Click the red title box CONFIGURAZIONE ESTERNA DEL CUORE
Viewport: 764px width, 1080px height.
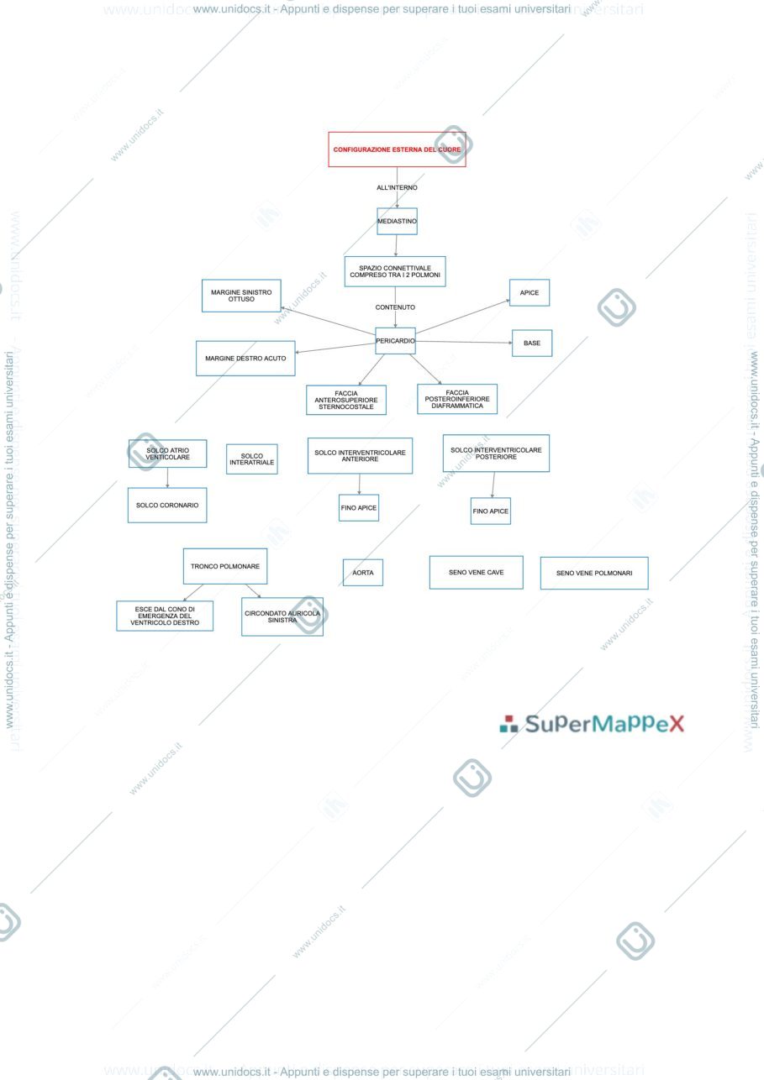click(x=397, y=149)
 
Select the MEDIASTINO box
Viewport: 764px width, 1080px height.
click(x=397, y=222)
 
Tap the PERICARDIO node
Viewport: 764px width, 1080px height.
click(x=395, y=341)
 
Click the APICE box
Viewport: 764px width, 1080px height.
click(x=530, y=292)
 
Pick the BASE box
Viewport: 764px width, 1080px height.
click(x=532, y=343)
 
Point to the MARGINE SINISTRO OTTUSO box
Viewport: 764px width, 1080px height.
click(x=241, y=296)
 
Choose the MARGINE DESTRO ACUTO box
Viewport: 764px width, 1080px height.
click(x=245, y=359)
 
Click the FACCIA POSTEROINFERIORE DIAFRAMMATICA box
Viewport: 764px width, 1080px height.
click(x=457, y=399)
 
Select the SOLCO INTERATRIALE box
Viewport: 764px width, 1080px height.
click(x=252, y=459)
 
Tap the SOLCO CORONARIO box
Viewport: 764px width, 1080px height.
click(x=167, y=506)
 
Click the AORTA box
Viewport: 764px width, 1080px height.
click(x=363, y=573)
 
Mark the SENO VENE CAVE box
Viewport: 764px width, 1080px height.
click(x=477, y=572)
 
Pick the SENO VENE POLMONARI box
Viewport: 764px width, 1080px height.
click(x=594, y=574)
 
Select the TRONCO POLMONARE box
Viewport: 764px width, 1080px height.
click(x=225, y=567)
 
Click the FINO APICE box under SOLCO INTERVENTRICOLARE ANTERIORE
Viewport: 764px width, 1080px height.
click(x=359, y=508)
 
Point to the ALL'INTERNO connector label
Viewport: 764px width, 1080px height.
click(x=397, y=187)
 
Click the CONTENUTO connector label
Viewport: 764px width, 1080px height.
click(x=395, y=307)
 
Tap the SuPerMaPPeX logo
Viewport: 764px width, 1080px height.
click(x=592, y=724)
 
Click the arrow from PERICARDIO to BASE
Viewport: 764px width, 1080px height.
click(x=464, y=342)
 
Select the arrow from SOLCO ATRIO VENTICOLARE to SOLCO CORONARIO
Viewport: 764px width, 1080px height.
click(x=167, y=478)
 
